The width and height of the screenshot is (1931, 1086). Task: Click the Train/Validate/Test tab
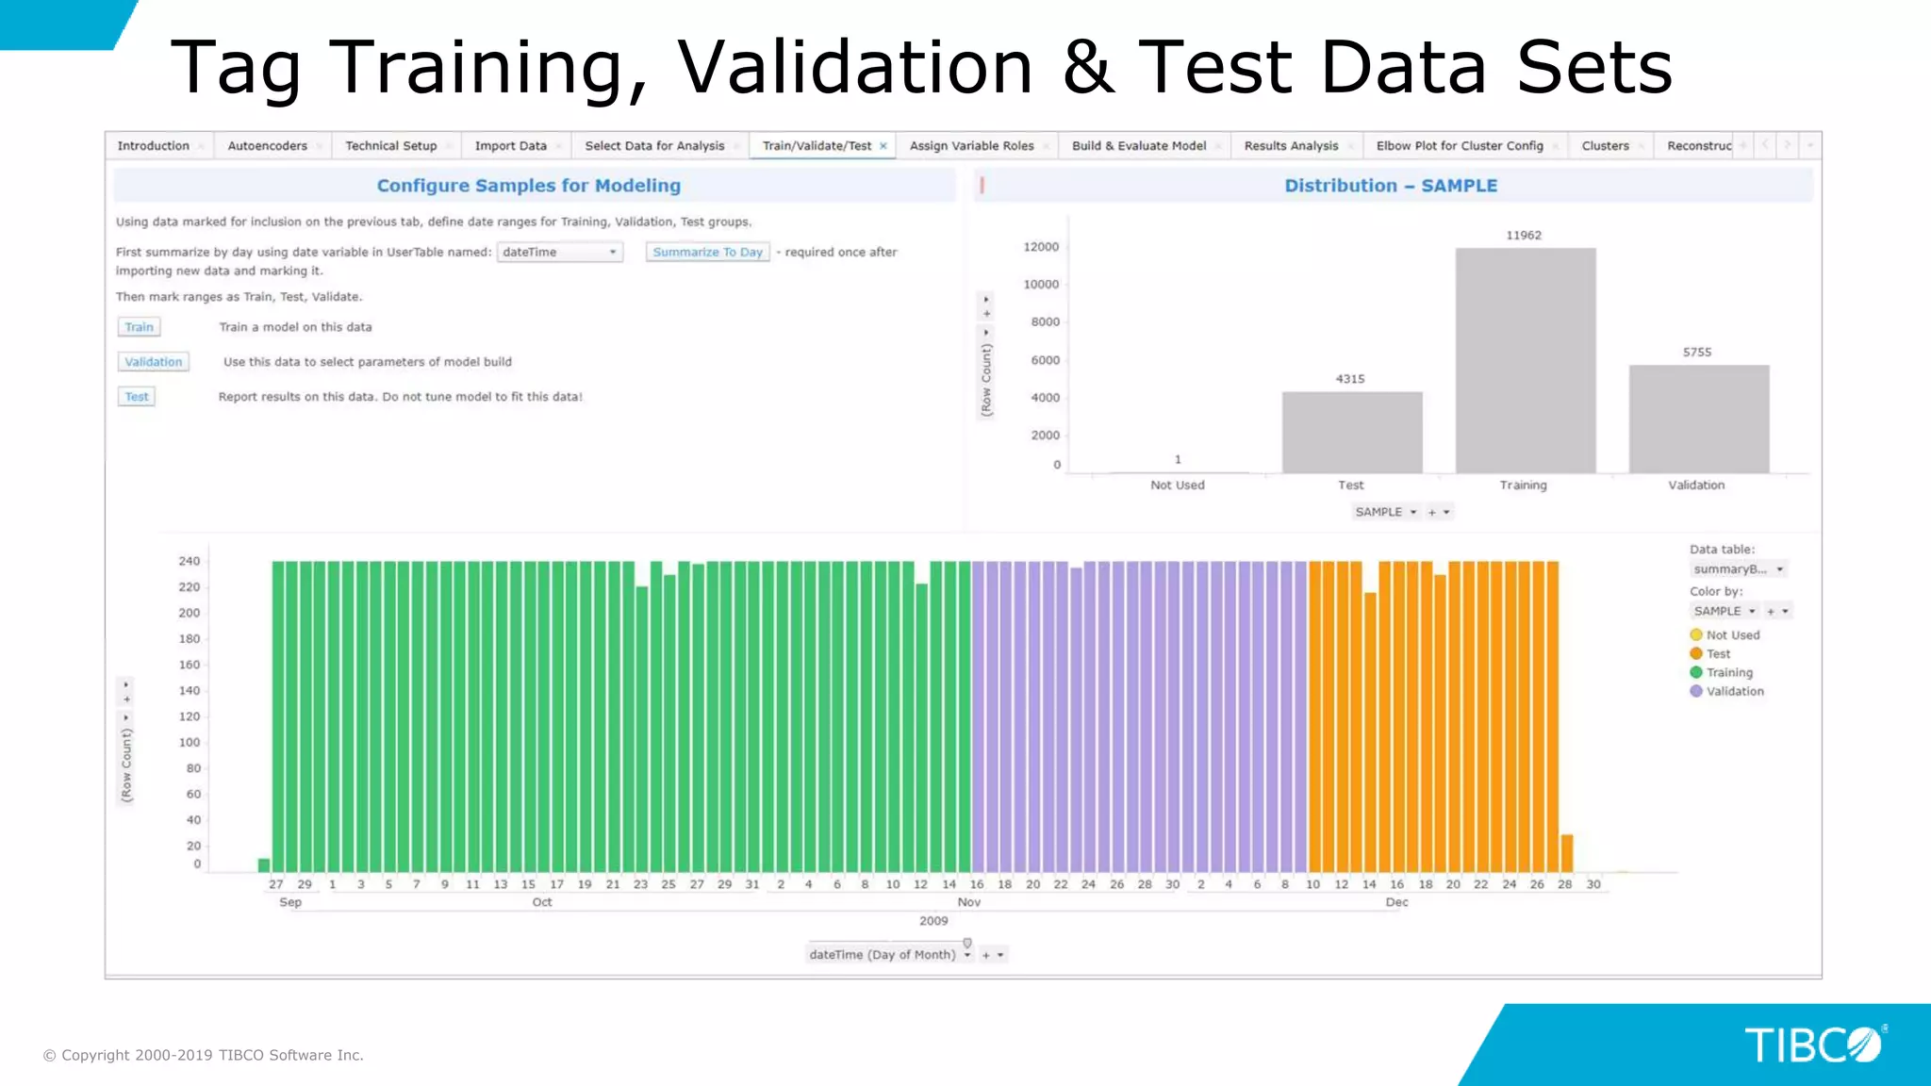[817, 146]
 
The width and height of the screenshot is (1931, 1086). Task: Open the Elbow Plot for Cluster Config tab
[1459, 146]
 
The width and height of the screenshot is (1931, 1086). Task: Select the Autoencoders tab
[267, 146]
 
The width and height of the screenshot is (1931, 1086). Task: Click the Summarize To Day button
[707, 253]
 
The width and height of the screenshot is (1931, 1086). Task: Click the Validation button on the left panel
[153, 362]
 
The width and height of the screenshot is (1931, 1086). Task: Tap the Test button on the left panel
[137, 397]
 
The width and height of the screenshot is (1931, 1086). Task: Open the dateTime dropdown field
[559, 253]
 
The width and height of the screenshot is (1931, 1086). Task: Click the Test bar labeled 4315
[1351, 433]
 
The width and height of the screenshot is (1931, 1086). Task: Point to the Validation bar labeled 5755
[1698, 420]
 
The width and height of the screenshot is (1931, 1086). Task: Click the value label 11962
[1523, 236]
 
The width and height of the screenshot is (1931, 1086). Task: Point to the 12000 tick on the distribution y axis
[1041, 247]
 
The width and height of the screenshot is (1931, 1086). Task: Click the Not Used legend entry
[1732, 635]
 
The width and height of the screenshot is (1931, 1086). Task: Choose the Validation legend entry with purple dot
[1734, 692]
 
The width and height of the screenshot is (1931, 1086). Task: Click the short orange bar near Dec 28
[1566, 853]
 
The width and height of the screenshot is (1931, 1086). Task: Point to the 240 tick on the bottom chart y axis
[189, 562]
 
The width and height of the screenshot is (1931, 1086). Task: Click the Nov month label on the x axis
[968, 903]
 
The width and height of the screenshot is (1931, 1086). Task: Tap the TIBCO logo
[1813, 1045]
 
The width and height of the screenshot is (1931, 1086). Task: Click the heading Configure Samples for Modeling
[528, 186]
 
